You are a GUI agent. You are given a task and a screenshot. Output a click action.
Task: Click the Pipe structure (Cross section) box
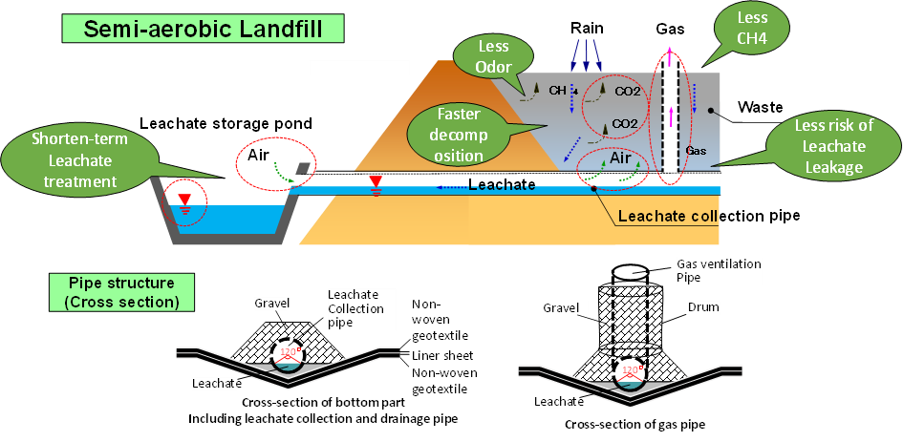(x=120, y=292)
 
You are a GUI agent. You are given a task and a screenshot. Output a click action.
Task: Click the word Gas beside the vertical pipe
(x=696, y=152)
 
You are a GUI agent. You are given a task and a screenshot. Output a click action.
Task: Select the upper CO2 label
(x=627, y=92)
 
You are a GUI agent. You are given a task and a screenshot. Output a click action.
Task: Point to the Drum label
(x=702, y=307)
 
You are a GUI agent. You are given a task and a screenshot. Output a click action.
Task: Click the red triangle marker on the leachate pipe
(x=376, y=181)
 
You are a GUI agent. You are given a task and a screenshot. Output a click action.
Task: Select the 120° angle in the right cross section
(x=631, y=368)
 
